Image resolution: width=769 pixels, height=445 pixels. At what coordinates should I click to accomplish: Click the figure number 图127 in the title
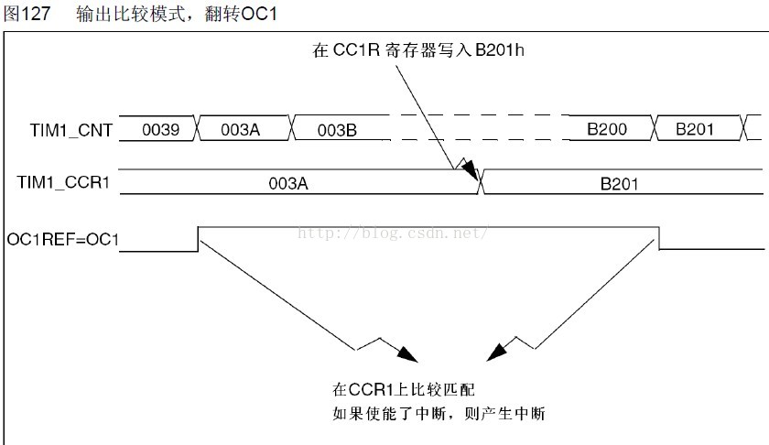(x=27, y=14)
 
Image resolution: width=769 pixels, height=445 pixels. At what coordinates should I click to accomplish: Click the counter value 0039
(x=159, y=130)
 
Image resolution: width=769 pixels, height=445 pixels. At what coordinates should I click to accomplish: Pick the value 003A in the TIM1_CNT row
(x=241, y=130)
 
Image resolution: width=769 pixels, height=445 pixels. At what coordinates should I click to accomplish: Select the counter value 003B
(x=337, y=130)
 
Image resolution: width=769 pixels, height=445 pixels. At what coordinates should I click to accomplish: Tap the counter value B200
(x=607, y=130)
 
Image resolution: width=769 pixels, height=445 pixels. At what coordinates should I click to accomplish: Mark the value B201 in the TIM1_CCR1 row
(x=619, y=183)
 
